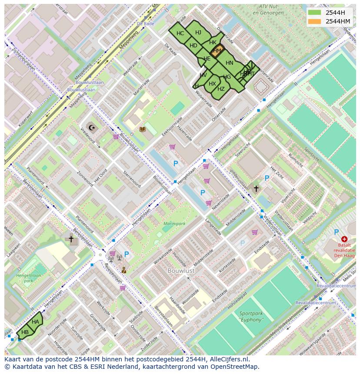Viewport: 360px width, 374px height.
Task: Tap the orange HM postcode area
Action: coord(217,50)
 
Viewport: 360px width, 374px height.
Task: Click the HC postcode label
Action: coord(180,33)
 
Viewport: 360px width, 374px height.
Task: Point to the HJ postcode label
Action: coord(198,32)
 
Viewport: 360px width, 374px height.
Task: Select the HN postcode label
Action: coord(229,63)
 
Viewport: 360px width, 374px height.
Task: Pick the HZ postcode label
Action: coord(221,89)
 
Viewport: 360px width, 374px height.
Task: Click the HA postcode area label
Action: coord(35,321)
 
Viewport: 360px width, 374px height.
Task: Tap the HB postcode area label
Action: coord(25,332)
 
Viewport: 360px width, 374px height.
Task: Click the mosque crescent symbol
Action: coord(91,127)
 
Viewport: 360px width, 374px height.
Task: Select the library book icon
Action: coord(142,129)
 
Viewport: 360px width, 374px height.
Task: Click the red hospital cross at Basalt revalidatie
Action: coord(344,239)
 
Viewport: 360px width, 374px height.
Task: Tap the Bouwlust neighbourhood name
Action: coord(181,270)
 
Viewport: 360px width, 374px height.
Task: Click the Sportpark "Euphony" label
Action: coord(251,316)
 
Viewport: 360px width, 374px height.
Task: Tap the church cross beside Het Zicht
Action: coord(256,189)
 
